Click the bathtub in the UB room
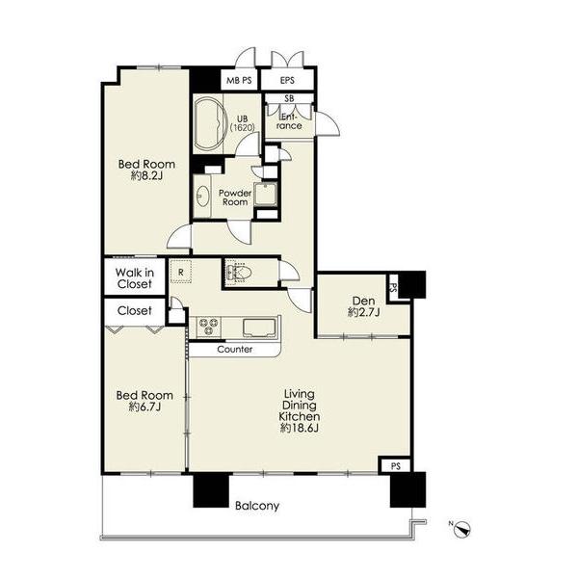pyautogui.click(x=209, y=123)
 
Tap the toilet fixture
pyautogui.click(x=239, y=273)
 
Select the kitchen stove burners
pyautogui.click(x=209, y=327)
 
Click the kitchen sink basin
pyautogui.click(x=259, y=328)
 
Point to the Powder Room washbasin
pyautogui.click(x=202, y=196)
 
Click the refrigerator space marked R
pyautogui.click(x=181, y=272)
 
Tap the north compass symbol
pyautogui.click(x=462, y=529)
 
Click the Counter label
pyautogui.click(x=235, y=349)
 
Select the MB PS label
pyautogui.click(x=239, y=80)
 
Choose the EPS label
pyautogui.click(x=287, y=80)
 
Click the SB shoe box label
pyautogui.click(x=289, y=98)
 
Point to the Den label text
pyautogui.click(x=363, y=301)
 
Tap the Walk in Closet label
pyautogui.click(x=135, y=278)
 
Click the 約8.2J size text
pyautogui.click(x=146, y=176)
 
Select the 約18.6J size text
pyautogui.click(x=300, y=428)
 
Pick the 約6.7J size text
pyautogui.click(x=144, y=407)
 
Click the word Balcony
pyautogui.click(x=257, y=506)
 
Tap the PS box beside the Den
pyautogui.click(x=393, y=287)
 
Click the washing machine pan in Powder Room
pyautogui.click(x=266, y=194)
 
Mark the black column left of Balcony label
pyautogui.click(x=211, y=490)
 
